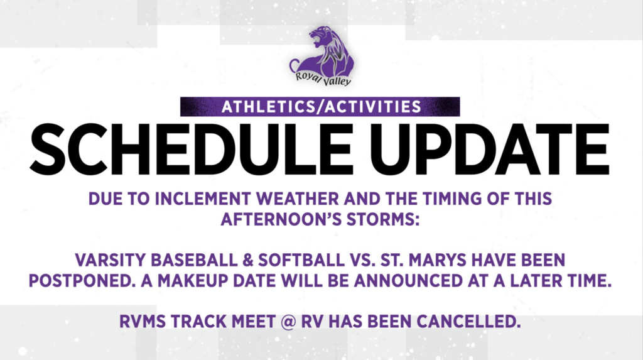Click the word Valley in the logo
(337, 81)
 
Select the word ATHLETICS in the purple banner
(269, 107)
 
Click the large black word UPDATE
(490, 150)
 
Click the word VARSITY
(111, 260)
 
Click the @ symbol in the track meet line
(288, 322)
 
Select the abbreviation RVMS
(143, 322)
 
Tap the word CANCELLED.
(468, 322)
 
